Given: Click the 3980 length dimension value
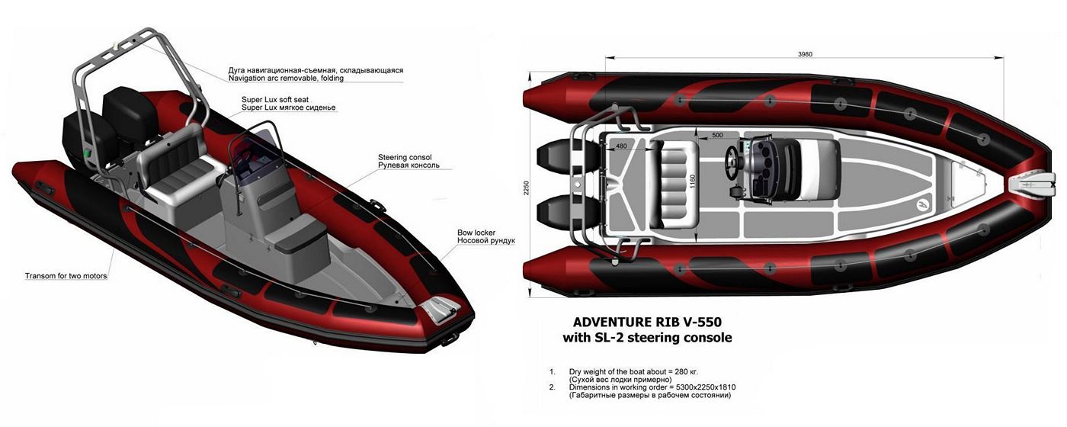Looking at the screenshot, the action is pyautogui.click(x=805, y=54).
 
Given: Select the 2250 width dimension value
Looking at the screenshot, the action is pyautogui.click(x=527, y=188).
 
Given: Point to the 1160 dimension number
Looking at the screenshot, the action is pyautogui.click(x=693, y=181).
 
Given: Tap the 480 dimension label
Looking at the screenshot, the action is pyautogui.click(x=622, y=146).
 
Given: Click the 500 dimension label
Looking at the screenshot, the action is pyautogui.click(x=717, y=136).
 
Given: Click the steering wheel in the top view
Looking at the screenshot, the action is pyautogui.click(x=732, y=163).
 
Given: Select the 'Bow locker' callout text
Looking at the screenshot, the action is pyautogui.click(x=476, y=233).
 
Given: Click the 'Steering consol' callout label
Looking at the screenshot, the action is pyautogui.click(x=405, y=157).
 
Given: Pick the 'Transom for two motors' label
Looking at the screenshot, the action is pyautogui.click(x=66, y=276).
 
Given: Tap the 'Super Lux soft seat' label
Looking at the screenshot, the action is pyautogui.click(x=275, y=100).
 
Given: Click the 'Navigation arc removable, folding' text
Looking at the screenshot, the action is pyautogui.click(x=286, y=78).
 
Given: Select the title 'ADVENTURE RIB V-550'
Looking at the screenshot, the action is pyautogui.click(x=647, y=322).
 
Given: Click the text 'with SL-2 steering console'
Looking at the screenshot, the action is pyautogui.click(x=647, y=338).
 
